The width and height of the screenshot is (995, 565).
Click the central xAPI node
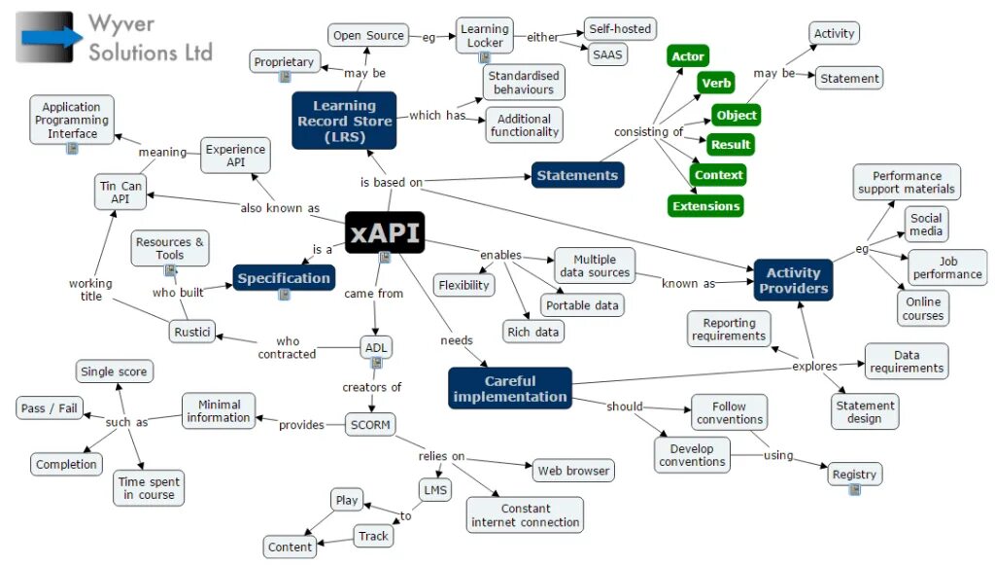(x=385, y=232)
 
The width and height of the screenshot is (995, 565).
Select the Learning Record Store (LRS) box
(x=344, y=121)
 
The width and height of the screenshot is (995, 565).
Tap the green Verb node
(x=717, y=84)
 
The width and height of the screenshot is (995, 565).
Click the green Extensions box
(x=706, y=206)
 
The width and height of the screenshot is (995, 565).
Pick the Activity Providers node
(x=793, y=280)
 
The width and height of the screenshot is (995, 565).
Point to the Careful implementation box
(x=510, y=388)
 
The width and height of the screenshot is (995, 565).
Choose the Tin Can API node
(x=120, y=192)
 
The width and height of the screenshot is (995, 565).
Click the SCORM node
(x=369, y=425)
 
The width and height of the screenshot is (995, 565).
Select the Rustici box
(x=191, y=332)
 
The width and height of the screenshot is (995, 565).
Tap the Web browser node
(x=573, y=471)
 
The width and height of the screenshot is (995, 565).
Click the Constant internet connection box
(x=525, y=515)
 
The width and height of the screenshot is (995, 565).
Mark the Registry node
(x=854, y=475)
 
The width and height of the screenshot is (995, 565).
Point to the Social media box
(x=926, y=225)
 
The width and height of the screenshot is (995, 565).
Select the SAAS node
(x=607, y=54)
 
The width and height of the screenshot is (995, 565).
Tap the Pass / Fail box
(x=49, y=408)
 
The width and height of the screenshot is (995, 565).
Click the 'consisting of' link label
(x=648, y=132)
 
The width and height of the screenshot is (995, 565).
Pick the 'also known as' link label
(x=280, y=208)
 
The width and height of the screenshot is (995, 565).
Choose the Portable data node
(x=581, y=305)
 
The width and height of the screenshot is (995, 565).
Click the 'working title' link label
(x=90, y=290)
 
